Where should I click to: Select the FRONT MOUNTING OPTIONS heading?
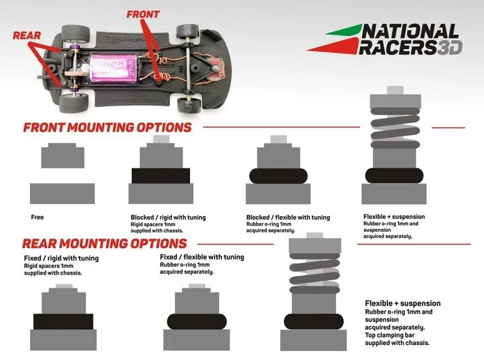coord(107,127)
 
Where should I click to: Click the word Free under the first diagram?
coord(37,217)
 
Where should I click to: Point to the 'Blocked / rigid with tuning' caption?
coord(168,217)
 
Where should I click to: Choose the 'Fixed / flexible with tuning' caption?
coord(202,257)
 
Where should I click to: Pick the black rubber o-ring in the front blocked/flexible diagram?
coord(277,175)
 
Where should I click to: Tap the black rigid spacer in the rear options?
coord(63,322)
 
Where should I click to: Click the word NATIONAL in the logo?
coord(410,32)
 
